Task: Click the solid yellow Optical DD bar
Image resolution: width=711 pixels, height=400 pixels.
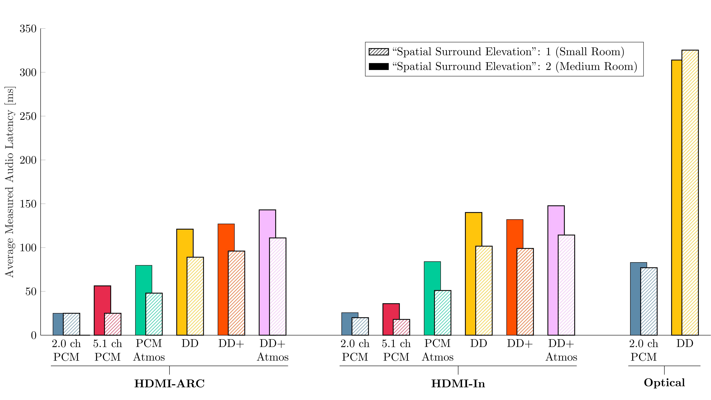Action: pos(677,197)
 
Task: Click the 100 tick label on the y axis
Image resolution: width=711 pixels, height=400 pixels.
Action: pos(28,248)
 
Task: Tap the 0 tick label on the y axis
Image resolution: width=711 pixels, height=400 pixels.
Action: pos(34,335)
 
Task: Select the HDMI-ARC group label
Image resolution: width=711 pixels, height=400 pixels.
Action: pos(169,384)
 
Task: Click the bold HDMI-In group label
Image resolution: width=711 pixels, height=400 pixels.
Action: pos(458,384)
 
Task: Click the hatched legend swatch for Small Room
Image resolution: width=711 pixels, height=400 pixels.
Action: pos(379,52)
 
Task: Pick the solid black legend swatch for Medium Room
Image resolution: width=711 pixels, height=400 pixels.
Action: pos(379,66)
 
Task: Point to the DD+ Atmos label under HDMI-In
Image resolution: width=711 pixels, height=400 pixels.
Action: pos(561,350)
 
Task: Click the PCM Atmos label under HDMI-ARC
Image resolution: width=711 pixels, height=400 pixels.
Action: pos(149,350)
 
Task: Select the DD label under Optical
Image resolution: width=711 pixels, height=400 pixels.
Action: pos(685,344)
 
